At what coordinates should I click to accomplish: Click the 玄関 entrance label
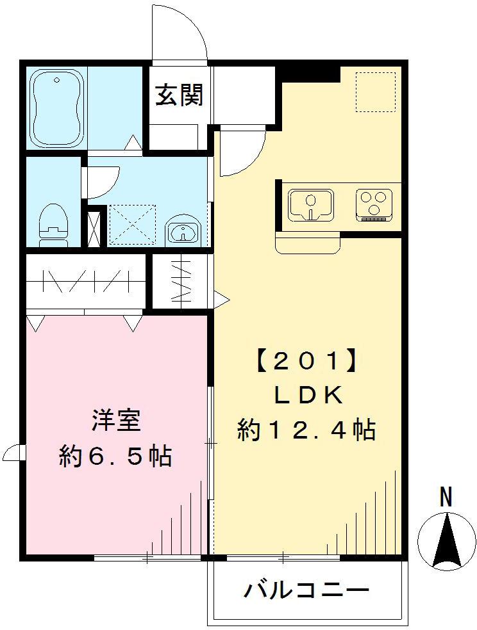[179, 95]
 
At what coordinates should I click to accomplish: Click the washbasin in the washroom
[183, 232]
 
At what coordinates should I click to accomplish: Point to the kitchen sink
[311, 204]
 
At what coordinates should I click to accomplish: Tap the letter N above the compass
[446, 496]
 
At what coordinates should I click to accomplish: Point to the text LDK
[306, 396]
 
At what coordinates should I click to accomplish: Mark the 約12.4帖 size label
[306, 429]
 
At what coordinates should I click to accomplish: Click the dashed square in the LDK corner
[375, 92]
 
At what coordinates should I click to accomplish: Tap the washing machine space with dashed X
[132, 225]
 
